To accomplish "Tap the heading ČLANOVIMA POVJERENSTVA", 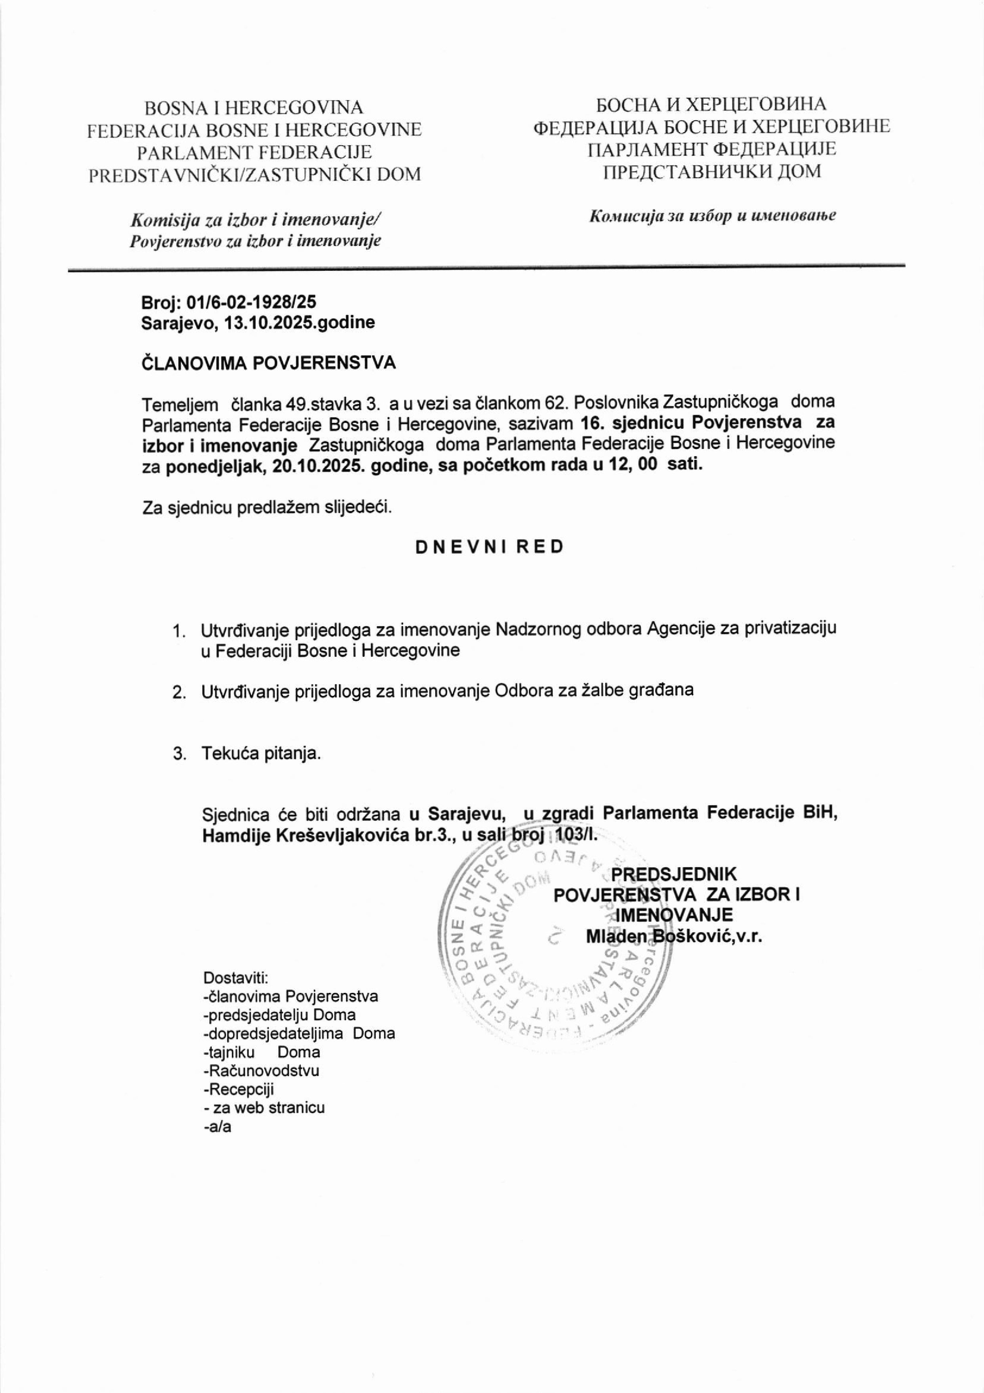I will click(x=268, y=363).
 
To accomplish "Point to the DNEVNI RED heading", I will click(x=489, y=547).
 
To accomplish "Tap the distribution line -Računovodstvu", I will click(x=261, y=1071).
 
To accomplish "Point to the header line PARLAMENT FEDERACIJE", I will click(x=254, y=152).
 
